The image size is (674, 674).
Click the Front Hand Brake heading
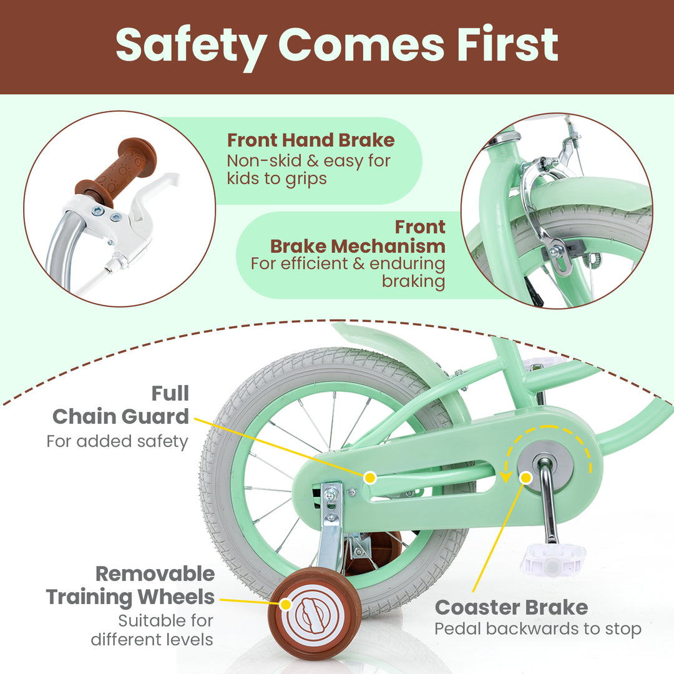click(x=310, y=140)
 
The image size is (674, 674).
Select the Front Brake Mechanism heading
click(x=358, y=236)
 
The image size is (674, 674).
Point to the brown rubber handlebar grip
click(x=119, y=167)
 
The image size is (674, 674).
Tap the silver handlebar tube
click(x=62, y=250)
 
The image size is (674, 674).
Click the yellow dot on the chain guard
click(x=369, y=478)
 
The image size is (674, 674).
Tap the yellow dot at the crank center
click(x=525, y=478)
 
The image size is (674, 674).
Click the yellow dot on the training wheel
click(x=286, y=604)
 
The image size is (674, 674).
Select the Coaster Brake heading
click(x=511, y=607)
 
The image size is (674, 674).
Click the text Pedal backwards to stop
click(x=537, y=629)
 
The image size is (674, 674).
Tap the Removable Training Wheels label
click(x=130, y=585)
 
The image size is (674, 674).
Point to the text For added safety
click(x=117, y=441)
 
